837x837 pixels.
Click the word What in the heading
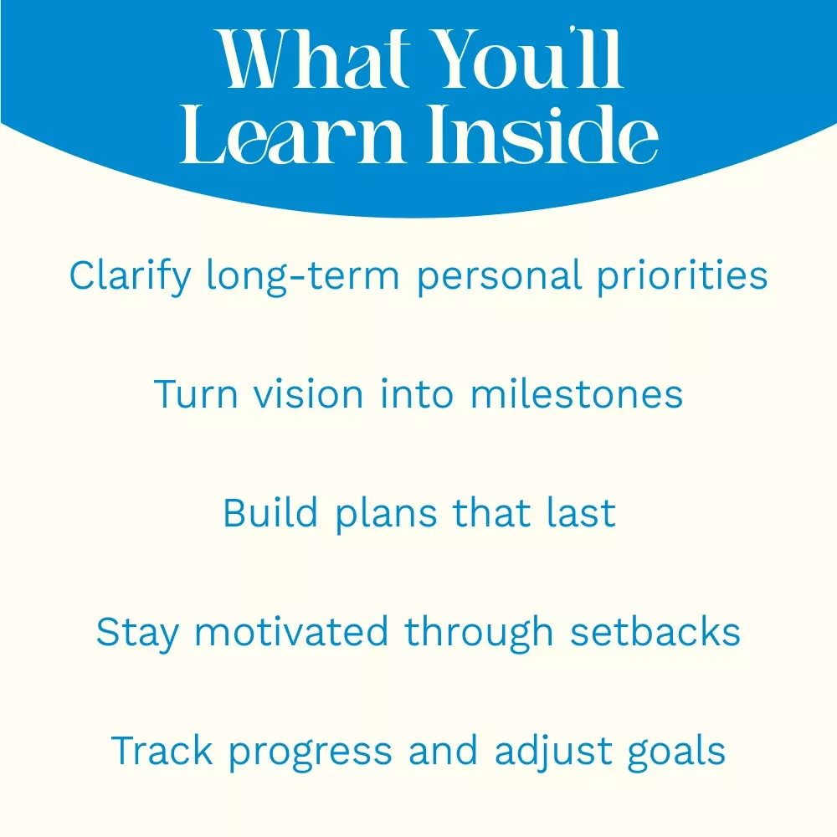pyautogui.click(x=312, y=59)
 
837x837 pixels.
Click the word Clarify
pyautogui.click(x=131, y=276)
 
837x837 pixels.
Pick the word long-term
pyautogui.click(x=303, y=276)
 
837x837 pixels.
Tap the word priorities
pyautogui.click(x=682, y=276)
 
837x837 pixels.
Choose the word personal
pyautogui.click(x=499, y=276)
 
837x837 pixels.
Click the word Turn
pyautogui.click(x=196, y=394)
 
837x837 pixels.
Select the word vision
pyautogui.click(x=309, y=394)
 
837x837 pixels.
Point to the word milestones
pyautogui.click(x=577, y=394)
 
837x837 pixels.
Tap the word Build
pyautogui.click(x=270, y=513)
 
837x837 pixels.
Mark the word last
pyautogui.click(x=581, y=512)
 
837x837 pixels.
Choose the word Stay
pyautogui.click(x=137, y=633)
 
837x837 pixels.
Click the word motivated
pyautogui.click(x=291, y=631)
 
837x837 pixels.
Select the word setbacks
pyautogui.click(x=655, y=631)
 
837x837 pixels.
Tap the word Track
pyautogui.click(x=162, y=750)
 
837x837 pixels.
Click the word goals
pyautogui.click(x=676, y=752)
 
